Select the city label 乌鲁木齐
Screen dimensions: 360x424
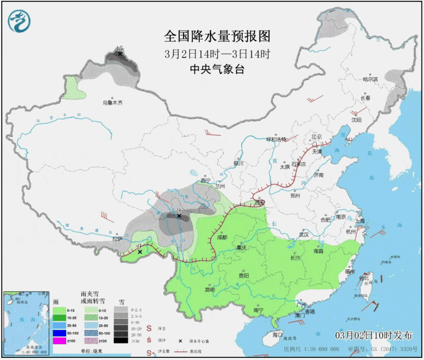(112, 103)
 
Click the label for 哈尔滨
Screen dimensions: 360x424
(370, 80)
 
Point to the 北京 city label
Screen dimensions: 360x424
(316, 137)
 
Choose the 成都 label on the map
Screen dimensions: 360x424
(222, 237)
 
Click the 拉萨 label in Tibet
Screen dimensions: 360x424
(117, 239)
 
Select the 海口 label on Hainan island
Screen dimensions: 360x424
(277, 335)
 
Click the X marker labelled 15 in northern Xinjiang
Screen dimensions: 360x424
(120, 54)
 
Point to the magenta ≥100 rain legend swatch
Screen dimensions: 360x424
(60, 341)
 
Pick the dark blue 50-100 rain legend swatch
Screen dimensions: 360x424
(60, 333)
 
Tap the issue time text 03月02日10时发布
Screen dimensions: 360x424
(373, 335)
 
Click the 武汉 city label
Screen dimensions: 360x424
(304, 235)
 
